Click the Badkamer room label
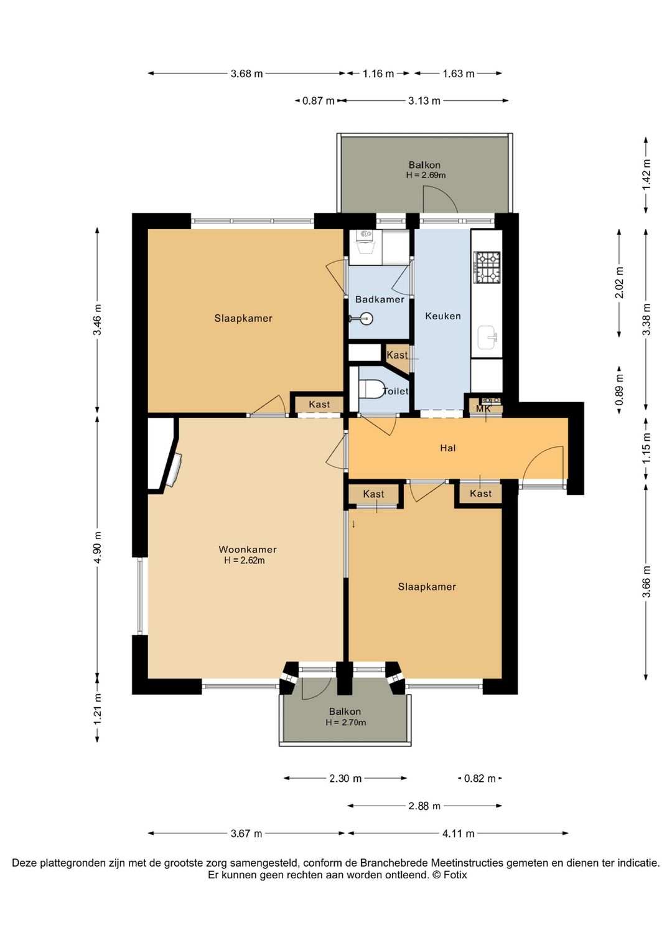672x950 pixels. [380, 299]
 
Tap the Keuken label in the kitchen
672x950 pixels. [442, 316]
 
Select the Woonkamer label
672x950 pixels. [247, 549]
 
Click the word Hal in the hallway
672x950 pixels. [448, 448]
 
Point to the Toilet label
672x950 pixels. [396, 391]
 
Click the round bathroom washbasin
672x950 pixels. [366, 317]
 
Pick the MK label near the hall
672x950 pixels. [483, 409]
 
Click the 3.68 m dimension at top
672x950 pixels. [246, 74]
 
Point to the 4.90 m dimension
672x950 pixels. [98, 547]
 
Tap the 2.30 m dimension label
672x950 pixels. [345, 778]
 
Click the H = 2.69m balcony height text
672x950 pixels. [425, 175]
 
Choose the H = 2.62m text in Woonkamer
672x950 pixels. [245, 560]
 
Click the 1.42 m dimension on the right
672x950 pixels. [646, 175]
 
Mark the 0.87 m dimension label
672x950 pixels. [318, 101]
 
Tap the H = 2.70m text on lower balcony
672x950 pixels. [345, 722]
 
